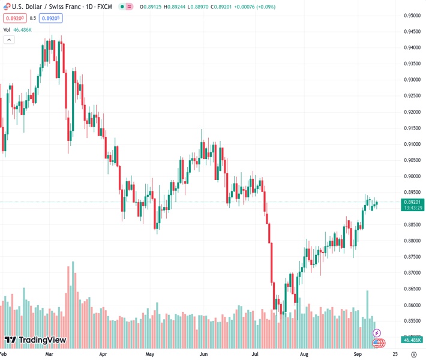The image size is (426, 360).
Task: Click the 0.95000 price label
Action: pyautogui.click(x=412, y=16)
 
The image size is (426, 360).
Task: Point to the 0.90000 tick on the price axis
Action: pyautogui.click(x=412, y=176)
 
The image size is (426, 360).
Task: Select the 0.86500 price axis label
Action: pyautogui.click(x=412, y=289)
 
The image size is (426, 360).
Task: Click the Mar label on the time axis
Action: pyautogui.click(x=49, y=355)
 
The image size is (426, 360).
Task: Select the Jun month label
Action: pyautogui.click(x=203, y=355)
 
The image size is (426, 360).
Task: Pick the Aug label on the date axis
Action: pyautogui.click(x=304, y=355)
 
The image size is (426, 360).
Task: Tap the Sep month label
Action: pyautogui.click(x=358, y=355)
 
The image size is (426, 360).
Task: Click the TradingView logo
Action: pyautogui.click(x=35, y=340)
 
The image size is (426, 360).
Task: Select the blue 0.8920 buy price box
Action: pyautogui.click(x=51, y=18)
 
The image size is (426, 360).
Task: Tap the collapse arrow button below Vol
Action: pyautogui.click(x=9, y=40)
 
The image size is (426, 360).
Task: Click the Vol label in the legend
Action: pyautogui.click(x=7, y=29)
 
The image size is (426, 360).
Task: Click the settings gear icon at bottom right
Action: pyautogui.click(x=413, y=355)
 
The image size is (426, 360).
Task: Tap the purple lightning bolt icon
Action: pyautogui.click(x=377, y=332)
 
